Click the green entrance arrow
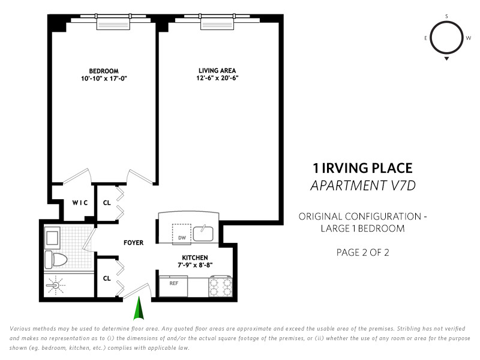click(x=139, y=308)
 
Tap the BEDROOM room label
click(x=104, y=71)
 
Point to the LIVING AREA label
click(x=217, y=70)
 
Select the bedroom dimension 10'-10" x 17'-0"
click(x=104, y=79)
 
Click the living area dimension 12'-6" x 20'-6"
click(x=217, y=78)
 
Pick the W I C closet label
click(x=80, y=203)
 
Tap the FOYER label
click(x=133, y=243)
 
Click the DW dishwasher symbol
click(x=182, y=235)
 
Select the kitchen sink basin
click(x=203, y=233)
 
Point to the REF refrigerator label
click(x=174, y=283)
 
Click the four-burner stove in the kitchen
click(x=220, y=287)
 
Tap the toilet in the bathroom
click(x=56, y=260)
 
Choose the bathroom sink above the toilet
click(x=52, y=238)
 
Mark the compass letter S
click(x=446, y=17)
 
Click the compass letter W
click(x=469, y=38)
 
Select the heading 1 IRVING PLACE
click(x=363, y=169)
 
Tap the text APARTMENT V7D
click(x=363, y=185)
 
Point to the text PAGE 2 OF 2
click(x=363, y=253)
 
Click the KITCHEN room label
click(x=195, y=258)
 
